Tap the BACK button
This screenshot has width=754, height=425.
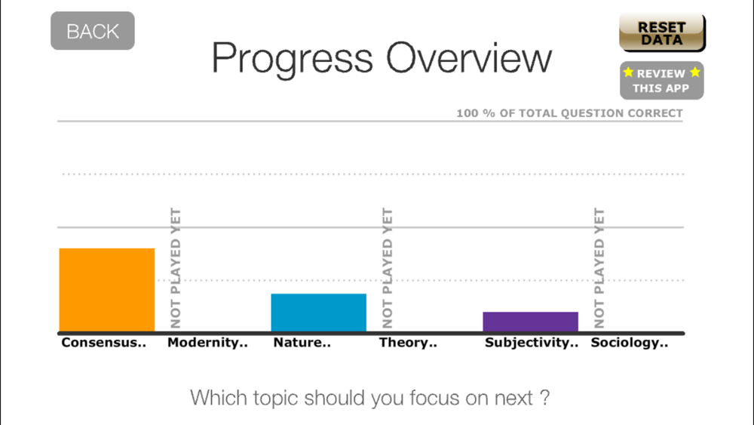click(92, 31)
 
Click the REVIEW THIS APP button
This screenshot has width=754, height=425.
click(662, 80)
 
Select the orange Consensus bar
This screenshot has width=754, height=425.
click(107, 290)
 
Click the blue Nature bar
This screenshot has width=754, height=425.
click(319, 313)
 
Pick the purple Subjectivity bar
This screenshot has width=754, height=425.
click(530, 322)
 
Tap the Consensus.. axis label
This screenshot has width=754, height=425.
click(103, 343)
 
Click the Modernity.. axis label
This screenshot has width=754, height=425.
click(207, 343)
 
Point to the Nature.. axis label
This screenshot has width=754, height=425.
click(302, 343)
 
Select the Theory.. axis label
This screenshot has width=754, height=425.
click(408, 343)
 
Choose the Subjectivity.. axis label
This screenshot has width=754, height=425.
click(532, 343)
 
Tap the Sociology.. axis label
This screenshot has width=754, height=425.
click(629, 343)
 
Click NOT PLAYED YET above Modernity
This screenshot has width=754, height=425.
click(176, 268)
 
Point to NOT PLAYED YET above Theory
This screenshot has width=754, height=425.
click(387, 268)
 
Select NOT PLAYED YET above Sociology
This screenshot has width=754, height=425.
click(599, 268)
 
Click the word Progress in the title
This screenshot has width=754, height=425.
click(293, 59)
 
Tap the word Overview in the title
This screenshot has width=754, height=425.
click(469, 58)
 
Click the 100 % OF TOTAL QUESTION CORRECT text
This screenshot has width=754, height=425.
click(569, 113)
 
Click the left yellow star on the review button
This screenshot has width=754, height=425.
click(629, 72)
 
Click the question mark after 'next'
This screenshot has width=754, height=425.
click(544, 398)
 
